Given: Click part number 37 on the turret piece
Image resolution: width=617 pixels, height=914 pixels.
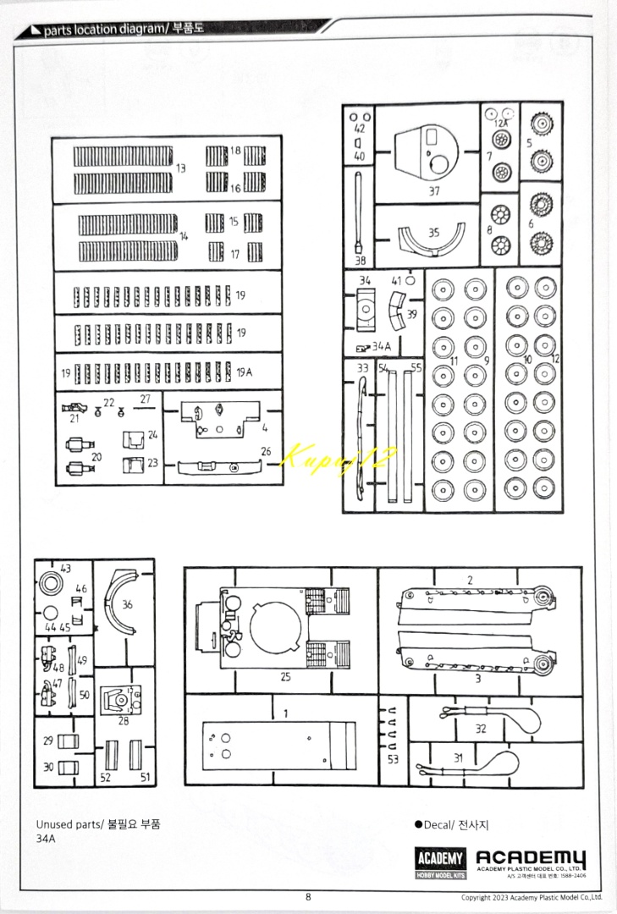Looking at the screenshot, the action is tap(434, 191).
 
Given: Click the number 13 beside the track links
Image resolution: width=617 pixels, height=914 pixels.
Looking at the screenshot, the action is tap(180, 168).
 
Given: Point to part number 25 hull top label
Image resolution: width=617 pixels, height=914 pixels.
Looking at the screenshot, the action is tap(285, 677).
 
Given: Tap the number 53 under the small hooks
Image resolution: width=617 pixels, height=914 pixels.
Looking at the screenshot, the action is tap(392, 759).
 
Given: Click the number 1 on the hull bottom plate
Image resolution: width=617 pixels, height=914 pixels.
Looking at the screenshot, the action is tap(286, 713).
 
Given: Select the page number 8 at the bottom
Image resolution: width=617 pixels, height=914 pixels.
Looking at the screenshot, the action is tap(309, 897).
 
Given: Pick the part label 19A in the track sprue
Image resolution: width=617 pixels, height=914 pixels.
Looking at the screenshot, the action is tap(245, 372).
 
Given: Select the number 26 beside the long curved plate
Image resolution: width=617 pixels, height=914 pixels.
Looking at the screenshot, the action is tap(266, 451).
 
